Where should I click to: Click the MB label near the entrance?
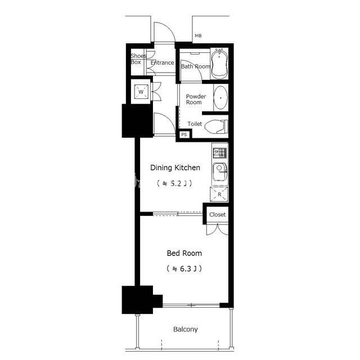198,36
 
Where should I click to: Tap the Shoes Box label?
138,59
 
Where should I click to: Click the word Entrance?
163,62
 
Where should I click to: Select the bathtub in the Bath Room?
219,64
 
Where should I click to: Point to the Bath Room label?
196,66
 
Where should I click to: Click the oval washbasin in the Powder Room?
220,98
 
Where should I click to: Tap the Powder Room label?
196,100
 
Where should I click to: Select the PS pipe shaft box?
184,134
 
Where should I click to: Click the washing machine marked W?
141,92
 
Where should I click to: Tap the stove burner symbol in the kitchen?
220,153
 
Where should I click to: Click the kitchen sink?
220,172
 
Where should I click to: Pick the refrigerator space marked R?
219,195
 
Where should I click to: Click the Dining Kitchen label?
175,168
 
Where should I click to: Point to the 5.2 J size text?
175,183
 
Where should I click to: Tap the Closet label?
218,215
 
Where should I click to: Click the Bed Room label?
184,253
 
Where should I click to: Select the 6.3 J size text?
184,269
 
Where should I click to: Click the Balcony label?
186,330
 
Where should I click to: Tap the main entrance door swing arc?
169,27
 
